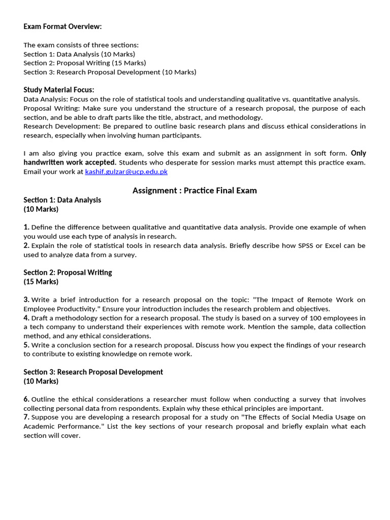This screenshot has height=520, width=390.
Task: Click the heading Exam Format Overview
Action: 62,26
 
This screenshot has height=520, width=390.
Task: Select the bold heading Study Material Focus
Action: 59,90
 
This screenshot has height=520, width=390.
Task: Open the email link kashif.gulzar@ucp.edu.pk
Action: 126,172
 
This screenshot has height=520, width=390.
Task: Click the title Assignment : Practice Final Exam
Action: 194,190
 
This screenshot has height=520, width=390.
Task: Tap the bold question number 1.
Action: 26,227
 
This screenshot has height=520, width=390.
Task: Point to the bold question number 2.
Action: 26,245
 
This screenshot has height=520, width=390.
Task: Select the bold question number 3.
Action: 26,300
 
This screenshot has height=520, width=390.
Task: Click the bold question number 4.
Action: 26,318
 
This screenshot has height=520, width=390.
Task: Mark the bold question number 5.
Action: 26,345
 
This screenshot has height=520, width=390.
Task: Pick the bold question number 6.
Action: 26,399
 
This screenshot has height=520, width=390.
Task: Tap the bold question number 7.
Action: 26,417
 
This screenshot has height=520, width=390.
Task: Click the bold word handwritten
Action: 43,162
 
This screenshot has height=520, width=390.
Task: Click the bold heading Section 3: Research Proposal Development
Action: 93,372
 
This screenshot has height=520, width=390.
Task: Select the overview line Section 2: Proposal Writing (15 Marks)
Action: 84,63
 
